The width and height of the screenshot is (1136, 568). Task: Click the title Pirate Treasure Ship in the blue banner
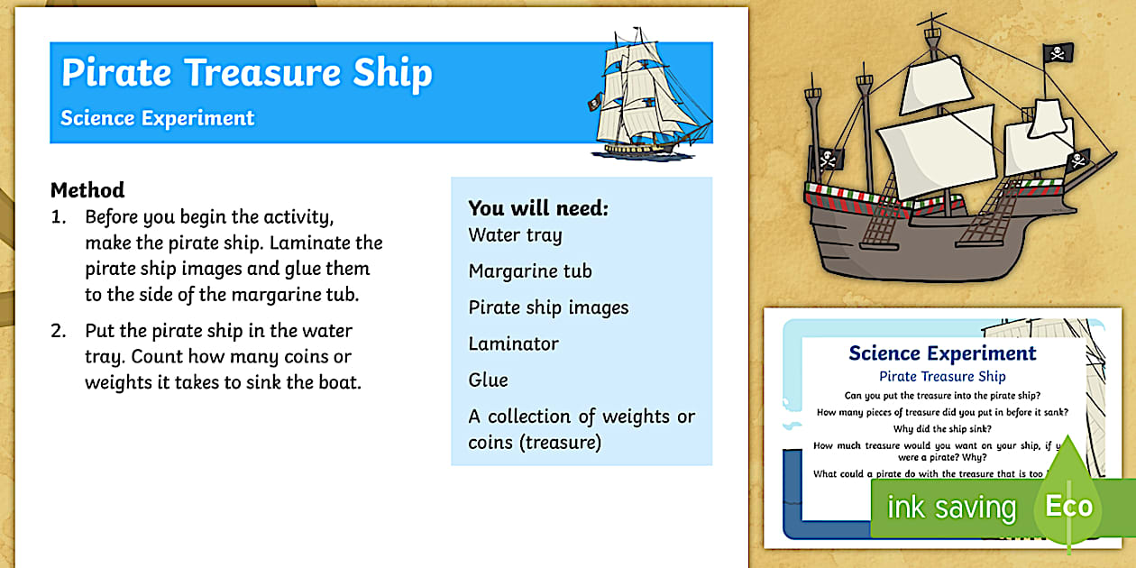pyautogui.click(x=246, y=73)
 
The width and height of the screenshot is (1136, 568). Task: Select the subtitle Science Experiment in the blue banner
pyautogui.click(x=158, y=118)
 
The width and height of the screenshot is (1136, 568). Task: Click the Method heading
pyautogui.click(x=87, y=190)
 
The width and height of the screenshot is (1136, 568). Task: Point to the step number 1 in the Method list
pyautogui.click(x=58, y=217)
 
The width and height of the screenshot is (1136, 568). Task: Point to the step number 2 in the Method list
pyautogui.click(x=58, y=331)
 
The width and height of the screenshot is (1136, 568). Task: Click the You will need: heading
pyautogui.click(x=538, y=208)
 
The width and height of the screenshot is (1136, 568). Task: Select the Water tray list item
pyautogui.click(x=515, y=235)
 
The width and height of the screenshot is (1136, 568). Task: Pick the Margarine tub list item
pyautogui.click(x=530, y=271)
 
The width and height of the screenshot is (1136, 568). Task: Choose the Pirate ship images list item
pyautogui.click(x=548, y=307)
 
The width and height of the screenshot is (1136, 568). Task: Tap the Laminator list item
pyautogui.click(x=513, y=344)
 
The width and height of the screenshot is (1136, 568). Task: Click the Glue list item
pyautogui.click(x=488, y=380)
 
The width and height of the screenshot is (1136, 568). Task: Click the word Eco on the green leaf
pyautogui.click(x=1069, y=506)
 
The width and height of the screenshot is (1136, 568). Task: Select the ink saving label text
pyautogui.click(x=951, y=508)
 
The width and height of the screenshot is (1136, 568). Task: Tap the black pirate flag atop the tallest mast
pyautogui.click(x=1058, y=53)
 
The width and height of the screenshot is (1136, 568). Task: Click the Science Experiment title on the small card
pyautogui.click(x=942, y=353)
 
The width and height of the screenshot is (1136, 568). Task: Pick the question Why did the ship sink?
pyautogui.click(x=942, y=428)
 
